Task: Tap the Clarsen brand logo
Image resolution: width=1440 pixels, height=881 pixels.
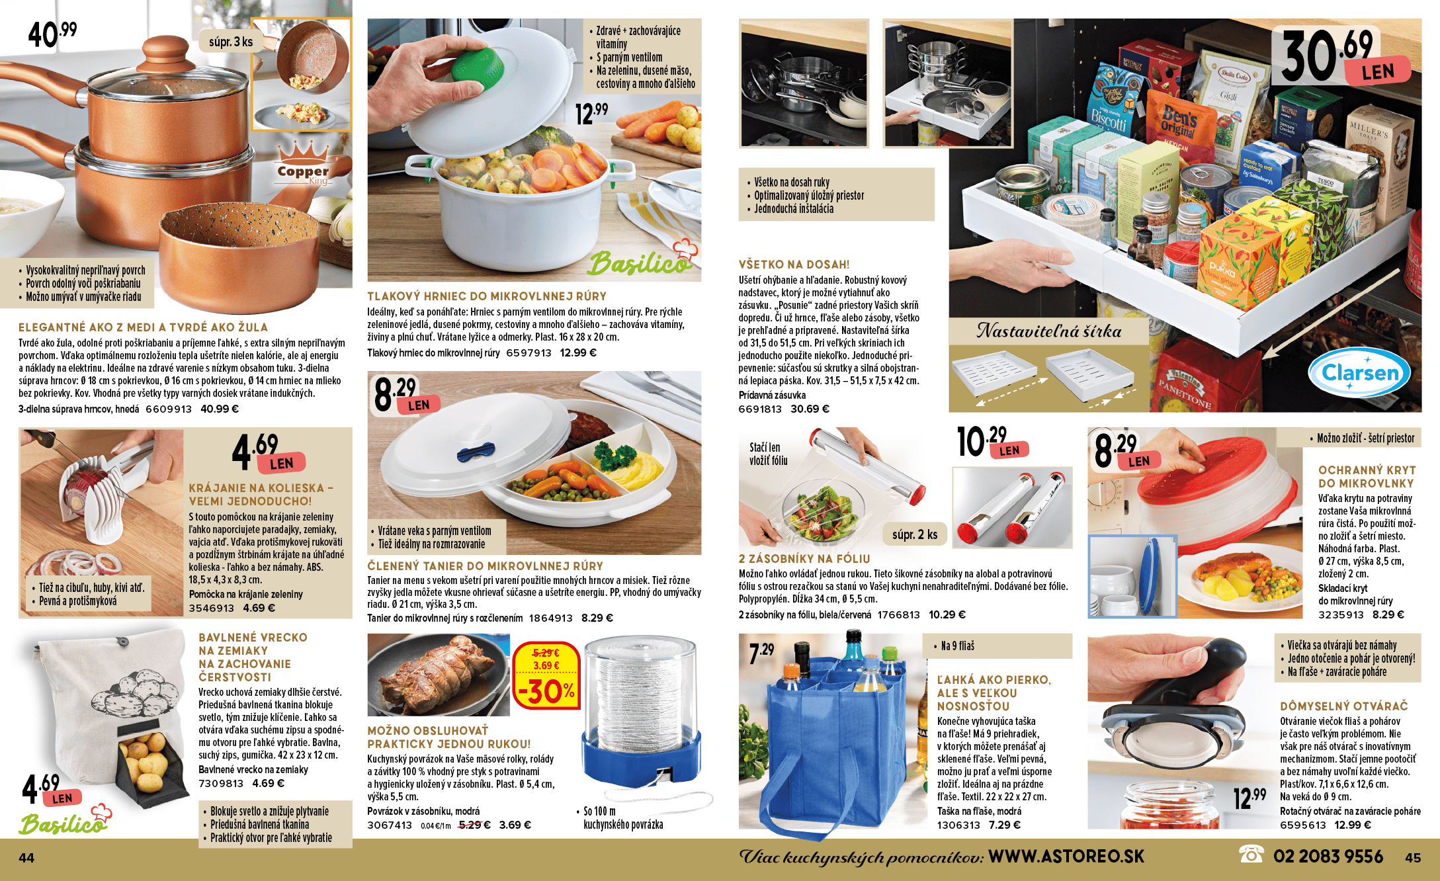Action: click(x=1359, y=372)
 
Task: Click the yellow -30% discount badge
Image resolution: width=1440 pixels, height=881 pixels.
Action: click(x=546, y=675)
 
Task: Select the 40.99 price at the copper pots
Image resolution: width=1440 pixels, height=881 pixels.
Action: click(x=52, y=34)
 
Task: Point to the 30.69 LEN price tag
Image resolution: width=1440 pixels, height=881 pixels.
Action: click(x=1343, y=56)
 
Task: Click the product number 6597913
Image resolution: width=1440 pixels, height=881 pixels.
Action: click(x=529, y=353)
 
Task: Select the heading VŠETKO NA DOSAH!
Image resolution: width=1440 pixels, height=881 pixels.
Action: click(x=794, y=265)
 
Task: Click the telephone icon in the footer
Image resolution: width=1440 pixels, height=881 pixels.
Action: click(x=1251, y=855)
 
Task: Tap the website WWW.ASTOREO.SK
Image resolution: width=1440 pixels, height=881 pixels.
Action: click(x=1066, y=857)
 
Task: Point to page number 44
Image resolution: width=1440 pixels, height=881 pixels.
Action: click(x=26, y=858)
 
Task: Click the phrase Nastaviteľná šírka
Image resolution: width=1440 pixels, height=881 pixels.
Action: click(x=1049, y=331)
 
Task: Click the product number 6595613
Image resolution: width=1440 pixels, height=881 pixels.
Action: click(x=1302, y=825)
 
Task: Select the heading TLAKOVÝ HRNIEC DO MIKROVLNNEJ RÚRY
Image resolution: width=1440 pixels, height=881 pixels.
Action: click(x=487, y=296)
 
